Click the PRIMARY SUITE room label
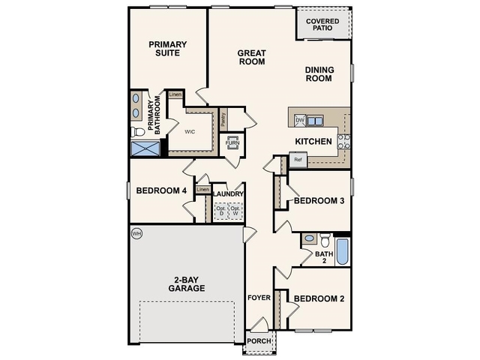pyautogui.click(x=167, y=49)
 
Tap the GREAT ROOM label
pyautogui.click(x=252, y=58)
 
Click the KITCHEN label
pyautogui.click(x=313, y=141)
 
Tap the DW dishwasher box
pyautogui.click(x=300, y=120)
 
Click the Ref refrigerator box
pyautogui.click(x=298, y=160)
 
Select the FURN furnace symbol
pyautogui.click(x=232, y=142)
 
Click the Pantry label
pyautogui.click(x=223, y=119)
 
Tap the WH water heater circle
pyautogui.click(x=136, y=233)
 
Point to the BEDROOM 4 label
pyautogui.click(x=161, y=191)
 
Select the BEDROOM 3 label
pyautogui.click(x=319, y=201)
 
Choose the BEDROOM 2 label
pyautogui.click(x=319, y=299)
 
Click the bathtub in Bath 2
pyautogui.click(x=342, y=251)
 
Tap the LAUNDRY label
pyautogui.click(x=228, y=194)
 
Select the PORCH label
pyautogui.click(x=260, y=341)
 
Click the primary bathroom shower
pyautogui.click(x=146, y=147)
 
